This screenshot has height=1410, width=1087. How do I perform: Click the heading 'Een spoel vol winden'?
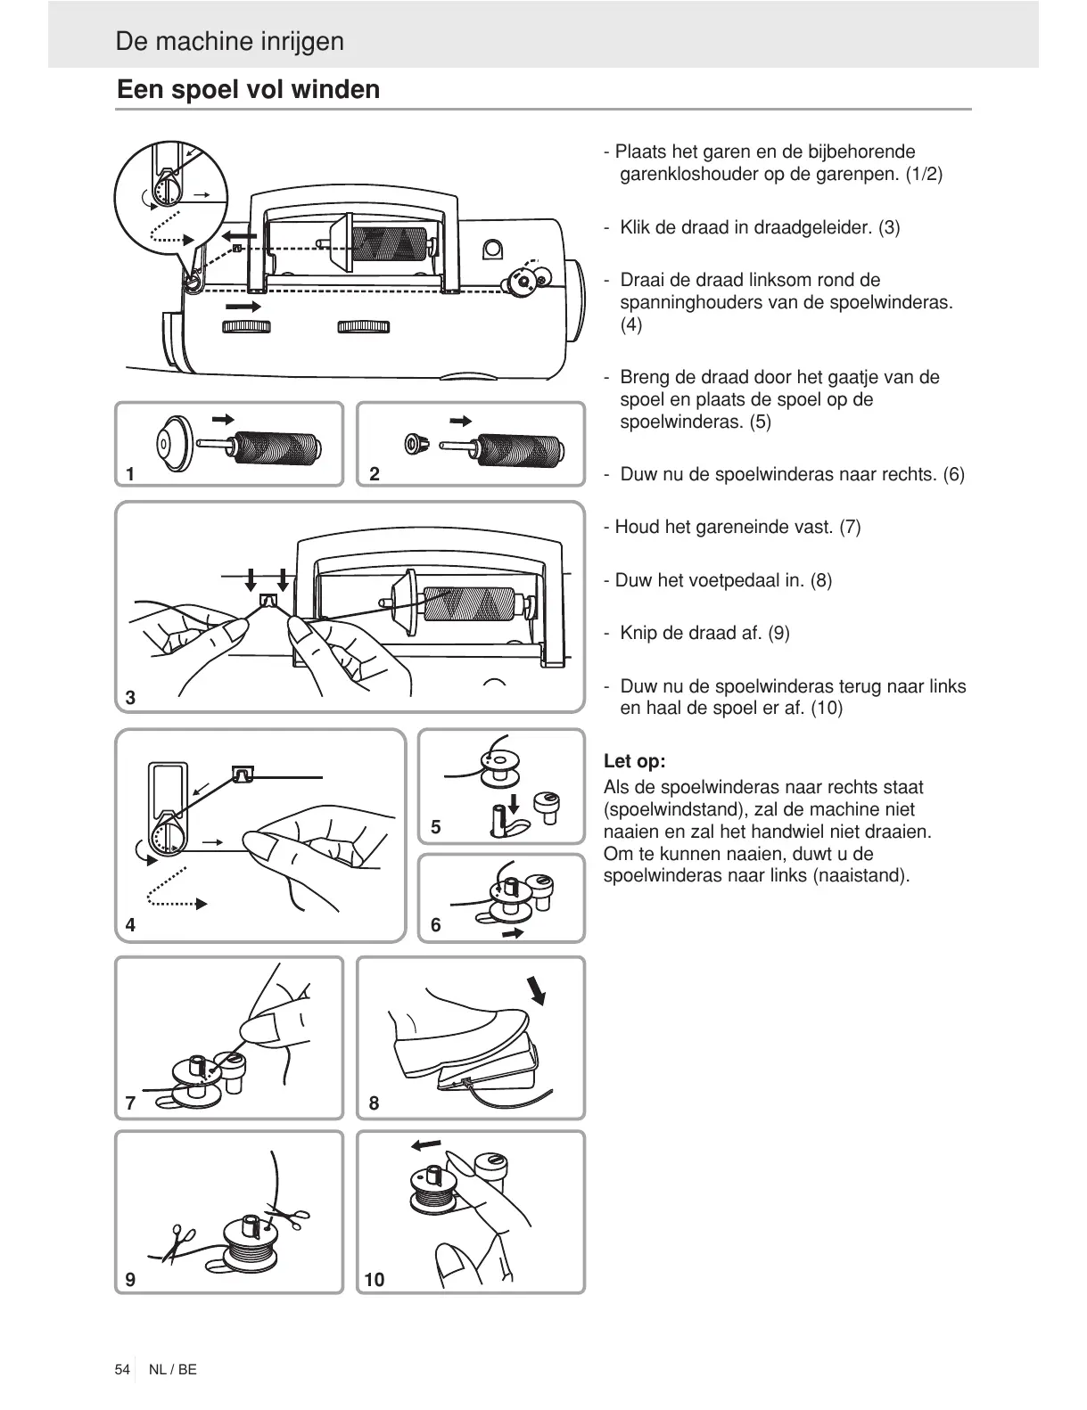tap(248, 90)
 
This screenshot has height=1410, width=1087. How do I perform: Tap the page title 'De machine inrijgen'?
tap(229, 42)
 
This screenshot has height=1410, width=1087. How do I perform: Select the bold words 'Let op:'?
tap(634, 761)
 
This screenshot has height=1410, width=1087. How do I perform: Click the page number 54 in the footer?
tap(122, 1369)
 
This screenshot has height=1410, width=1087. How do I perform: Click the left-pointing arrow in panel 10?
tap(426, 1144)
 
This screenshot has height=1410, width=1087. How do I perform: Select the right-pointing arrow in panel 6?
tap(513, 933)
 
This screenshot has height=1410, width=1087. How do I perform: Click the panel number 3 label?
tap(130, 698)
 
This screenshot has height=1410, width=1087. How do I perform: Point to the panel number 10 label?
tap(375, 1280)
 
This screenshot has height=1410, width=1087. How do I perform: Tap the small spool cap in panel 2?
tap(414, 443)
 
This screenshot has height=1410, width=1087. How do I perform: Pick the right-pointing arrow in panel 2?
tap(460, 421)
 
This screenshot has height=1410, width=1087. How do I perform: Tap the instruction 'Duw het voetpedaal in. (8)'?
tap(718, 580)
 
